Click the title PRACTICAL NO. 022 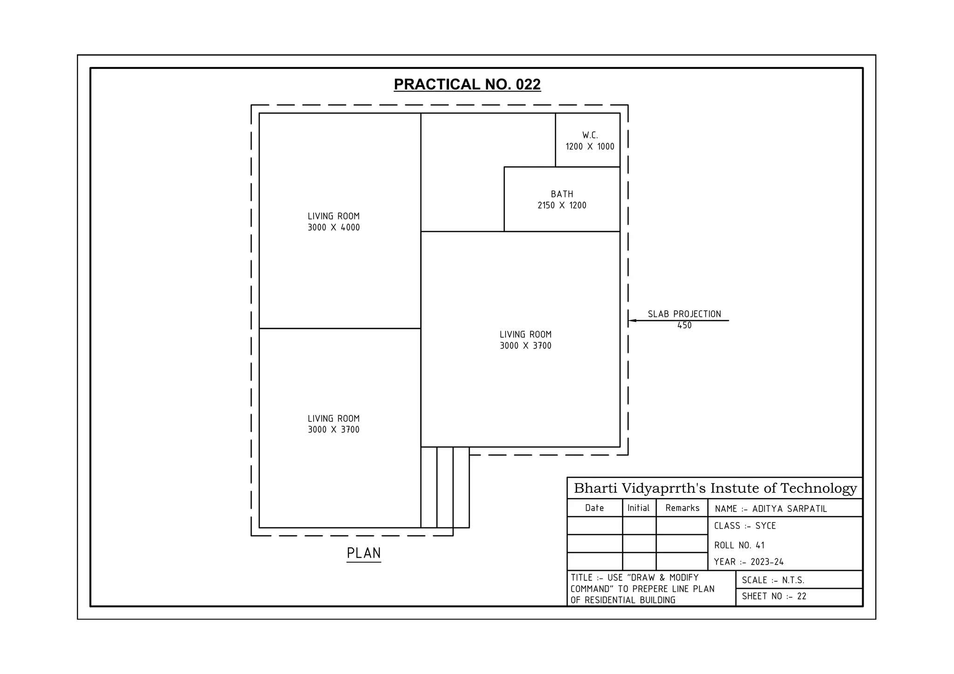[x=467, y=84]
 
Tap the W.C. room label [x=590, y=135]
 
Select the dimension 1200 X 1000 [x=590, y=147]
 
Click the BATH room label [x=562, y=194]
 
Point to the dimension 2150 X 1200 [x=562, y=205]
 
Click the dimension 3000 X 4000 [x=334, y=227]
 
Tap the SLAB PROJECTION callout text [x=684, y=314]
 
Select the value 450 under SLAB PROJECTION [x=684, y=326]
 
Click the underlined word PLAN [x=364, y=553]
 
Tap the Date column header [x=594, y=508]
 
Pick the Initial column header [x=638, y=508]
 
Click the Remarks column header [x=682, y=508]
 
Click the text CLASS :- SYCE [x=745, y=526]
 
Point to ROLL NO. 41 [x=739, y=545]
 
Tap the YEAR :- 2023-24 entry [x=749, y=562]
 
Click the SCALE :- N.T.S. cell [x=773, y=580]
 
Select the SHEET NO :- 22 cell [x=774, y=596]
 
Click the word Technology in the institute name [x=818, y=488]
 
